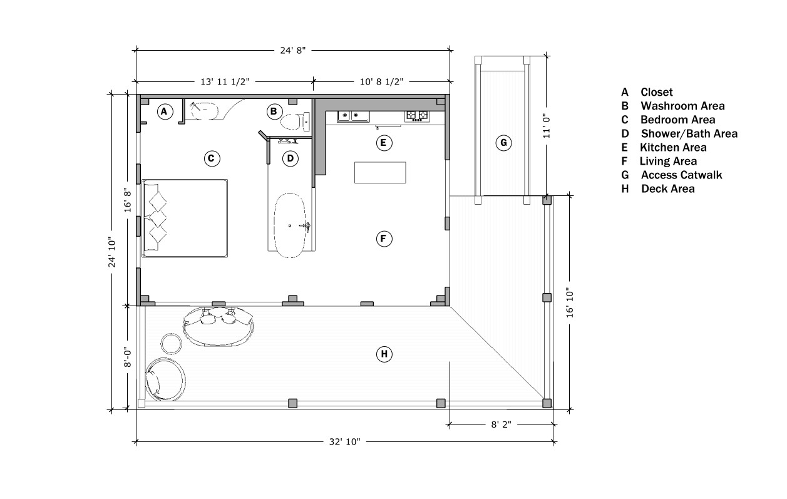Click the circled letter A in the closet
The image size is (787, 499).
pyautogui.click(x=165, y=111)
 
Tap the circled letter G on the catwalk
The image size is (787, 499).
pyautogui.click(x=503, y=143)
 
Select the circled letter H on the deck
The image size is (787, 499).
pyautogui.click(x=384, y=354)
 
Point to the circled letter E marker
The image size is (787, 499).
pyautogui.click(x=384, y=143)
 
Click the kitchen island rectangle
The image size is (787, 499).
pyautogui.click(x=380, y=173)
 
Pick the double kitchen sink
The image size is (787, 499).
pyautogui.click(x=353, y=116)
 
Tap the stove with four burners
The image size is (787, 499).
pyautogui.click(x=417, y=116)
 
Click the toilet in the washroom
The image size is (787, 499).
pyautogui.click(x=295, y=121)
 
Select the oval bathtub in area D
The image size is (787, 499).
pyautogui.click(x=290, y=225)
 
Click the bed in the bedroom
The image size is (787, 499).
pyautogui.click(x=185, y=219)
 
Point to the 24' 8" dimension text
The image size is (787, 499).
pyautogui.click(x=292, y=51)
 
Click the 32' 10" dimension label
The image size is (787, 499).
pyautogui.click(x=344, y=442)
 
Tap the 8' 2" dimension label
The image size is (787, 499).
pyautogui.click(x=501, y=424)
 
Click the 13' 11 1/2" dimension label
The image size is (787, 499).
pyautogui.click(x=225, y=82)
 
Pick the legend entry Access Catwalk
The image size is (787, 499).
pyautogui.click(x=682, y=175)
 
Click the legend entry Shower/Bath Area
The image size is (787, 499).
pyautogui.click(x=689, y=133)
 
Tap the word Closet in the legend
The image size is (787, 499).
pyautogui.click(x=657, y=92)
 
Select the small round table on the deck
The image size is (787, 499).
pyautogui.click(x=172, y=343)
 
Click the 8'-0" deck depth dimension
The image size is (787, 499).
pyautogui.click(x=127, y=358)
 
